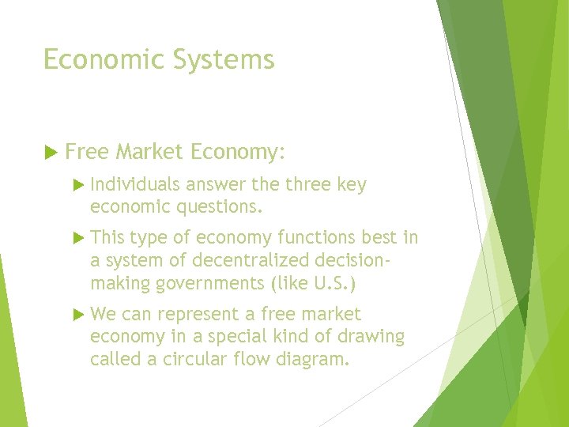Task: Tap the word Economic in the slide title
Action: pos(93,60)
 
